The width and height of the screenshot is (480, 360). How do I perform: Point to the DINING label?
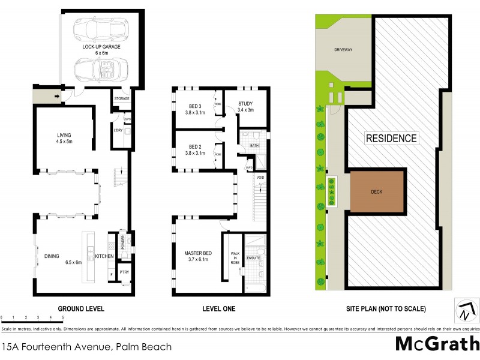click(x=52, y=256)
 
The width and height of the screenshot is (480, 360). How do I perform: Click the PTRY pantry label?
click(x=124, y=273)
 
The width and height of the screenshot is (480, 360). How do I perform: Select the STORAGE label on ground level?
click(x=122, y=98)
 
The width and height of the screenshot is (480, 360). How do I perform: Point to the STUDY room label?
click(x=245, y=107)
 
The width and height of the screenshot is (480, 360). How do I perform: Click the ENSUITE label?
click(x=253, y=257)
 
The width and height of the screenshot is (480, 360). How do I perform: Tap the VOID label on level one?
click(x=260, y=178)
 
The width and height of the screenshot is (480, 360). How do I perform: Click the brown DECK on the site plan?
click(x=376, y=192)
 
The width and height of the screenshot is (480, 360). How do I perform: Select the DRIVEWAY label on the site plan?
click(x=344, y=50)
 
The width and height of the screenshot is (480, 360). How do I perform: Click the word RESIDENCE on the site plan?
click(x=391, y=138)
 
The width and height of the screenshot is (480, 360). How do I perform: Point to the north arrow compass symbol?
click(x=466, y=310)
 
